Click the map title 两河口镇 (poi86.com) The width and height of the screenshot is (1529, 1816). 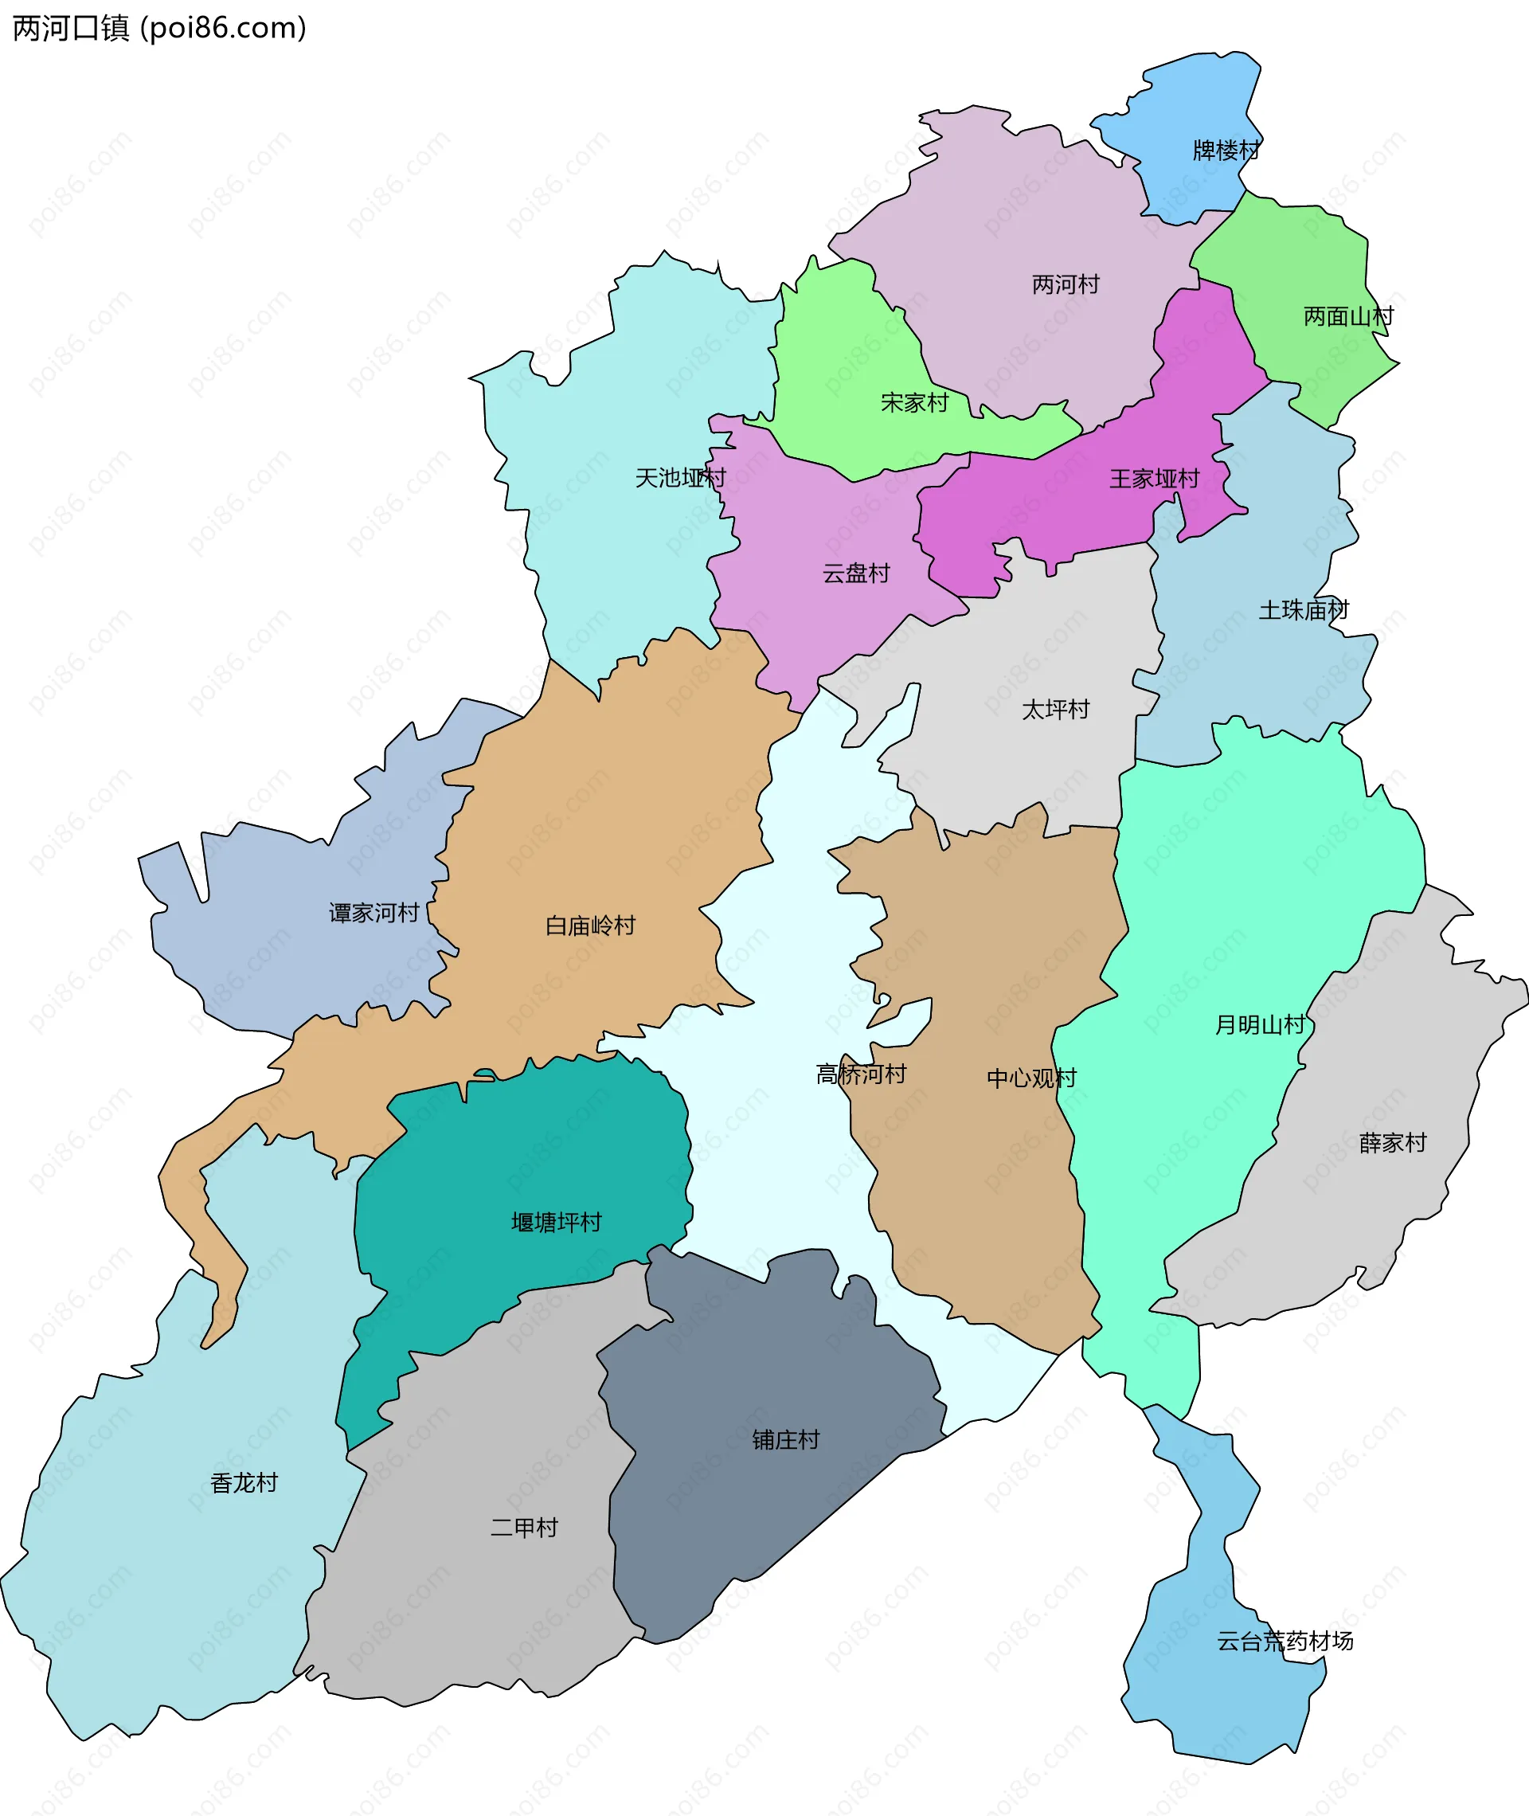[x=159, y=29]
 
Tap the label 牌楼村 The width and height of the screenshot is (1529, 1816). [x=1226, y=151]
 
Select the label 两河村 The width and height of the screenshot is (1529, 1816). [x=1066, y=284]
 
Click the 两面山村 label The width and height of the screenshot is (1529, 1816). [x=1348, y=316]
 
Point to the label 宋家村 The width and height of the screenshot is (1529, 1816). [x=913, y=402]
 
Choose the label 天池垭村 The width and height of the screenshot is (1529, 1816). [x=679, y=478]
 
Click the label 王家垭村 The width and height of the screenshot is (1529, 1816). [x=1154, y=479]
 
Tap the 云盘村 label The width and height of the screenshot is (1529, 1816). [x=855, y=573]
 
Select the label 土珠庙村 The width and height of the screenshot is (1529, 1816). [x=1303, y=610]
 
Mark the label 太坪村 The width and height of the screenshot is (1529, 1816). [x=1055, y=709]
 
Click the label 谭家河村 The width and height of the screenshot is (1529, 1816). [x=373, y=913]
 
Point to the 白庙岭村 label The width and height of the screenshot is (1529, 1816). [x=589, y=926]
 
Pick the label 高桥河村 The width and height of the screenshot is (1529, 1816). [x=861, y=1074]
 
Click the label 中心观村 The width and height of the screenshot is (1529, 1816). [x=1031, y=1078]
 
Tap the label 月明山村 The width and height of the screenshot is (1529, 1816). [x=1258, y=1024]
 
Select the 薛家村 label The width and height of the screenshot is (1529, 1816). [x=1392, y=1142]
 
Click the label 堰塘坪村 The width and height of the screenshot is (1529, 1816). [x=556, y=1223]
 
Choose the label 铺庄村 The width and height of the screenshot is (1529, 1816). [x=785, y=1440]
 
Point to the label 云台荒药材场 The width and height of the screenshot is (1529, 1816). [x=1285, y=1641]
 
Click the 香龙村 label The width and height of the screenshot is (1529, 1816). [x=244, y=1483]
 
